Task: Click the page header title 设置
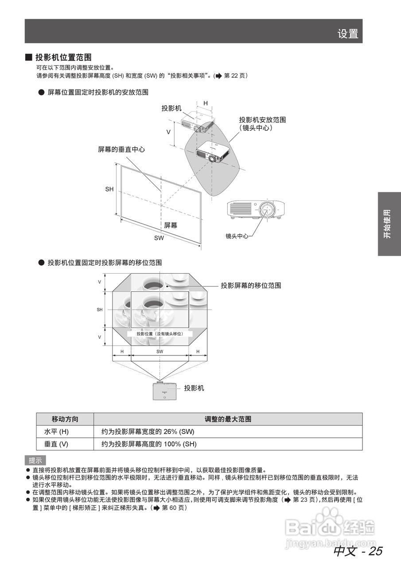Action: (347, 34)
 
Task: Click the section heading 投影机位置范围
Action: (63, 57)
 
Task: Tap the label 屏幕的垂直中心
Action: (121, 149)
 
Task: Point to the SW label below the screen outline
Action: (159, 238)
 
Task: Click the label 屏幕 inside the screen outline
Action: (171, 225)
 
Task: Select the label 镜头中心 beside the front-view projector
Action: (237, 236)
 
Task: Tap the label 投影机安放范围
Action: (262, 120)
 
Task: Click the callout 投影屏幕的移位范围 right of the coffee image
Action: (251, 286)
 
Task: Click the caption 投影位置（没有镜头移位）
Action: (160, 334)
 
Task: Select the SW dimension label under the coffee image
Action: (160, 352)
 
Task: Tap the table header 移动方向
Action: (65, 419)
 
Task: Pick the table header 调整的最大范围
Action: (228, 419)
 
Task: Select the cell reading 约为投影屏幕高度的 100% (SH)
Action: (149, 444)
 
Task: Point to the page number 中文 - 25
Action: (358, 551)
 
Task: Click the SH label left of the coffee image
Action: (100, 310)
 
